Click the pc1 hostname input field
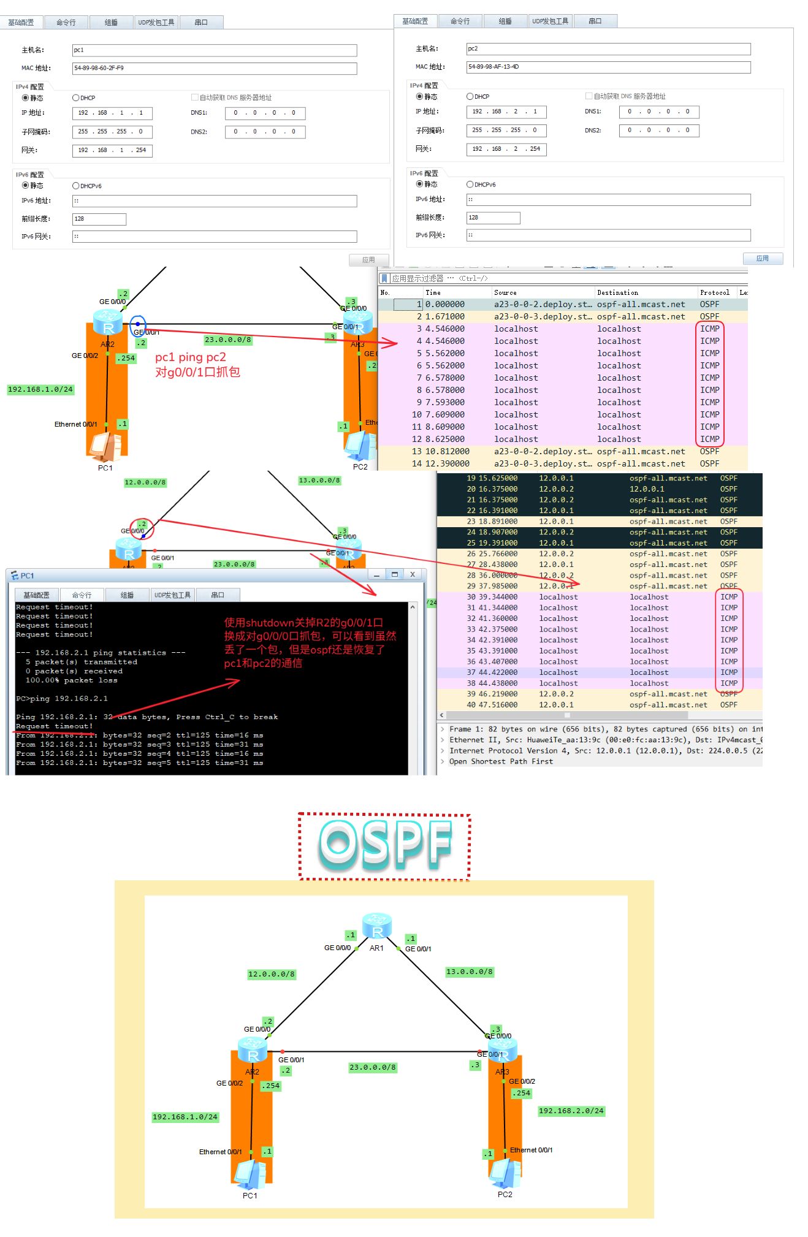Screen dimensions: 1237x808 point(214,50)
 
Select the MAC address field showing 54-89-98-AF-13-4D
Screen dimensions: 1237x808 point(608,67)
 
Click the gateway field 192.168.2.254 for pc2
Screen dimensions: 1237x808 point(506,149)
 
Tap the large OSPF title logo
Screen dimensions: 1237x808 point(384,845)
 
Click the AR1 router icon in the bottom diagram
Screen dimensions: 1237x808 point(377,926)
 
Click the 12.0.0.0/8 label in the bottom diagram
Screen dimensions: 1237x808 point(271,974)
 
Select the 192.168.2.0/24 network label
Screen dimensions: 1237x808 point(571,1111)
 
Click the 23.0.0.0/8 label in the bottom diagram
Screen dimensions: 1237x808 point(373,1067)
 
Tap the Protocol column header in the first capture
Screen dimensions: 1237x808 point(714,292)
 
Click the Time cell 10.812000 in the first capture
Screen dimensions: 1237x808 point(447,451)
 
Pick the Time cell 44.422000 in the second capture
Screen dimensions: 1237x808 point(498,672)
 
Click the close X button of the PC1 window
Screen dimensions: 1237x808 point(413,574)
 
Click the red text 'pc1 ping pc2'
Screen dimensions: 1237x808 point(191,357)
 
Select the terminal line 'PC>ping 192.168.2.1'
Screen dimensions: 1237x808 point(62,698)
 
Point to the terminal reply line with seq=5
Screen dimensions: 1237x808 point(139,763)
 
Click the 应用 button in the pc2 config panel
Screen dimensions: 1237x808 point(762,258)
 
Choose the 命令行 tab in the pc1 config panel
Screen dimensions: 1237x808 point(66,23)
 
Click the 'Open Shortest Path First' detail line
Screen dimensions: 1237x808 point(501,761)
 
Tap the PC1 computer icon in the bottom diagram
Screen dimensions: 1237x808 point(250,1174)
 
